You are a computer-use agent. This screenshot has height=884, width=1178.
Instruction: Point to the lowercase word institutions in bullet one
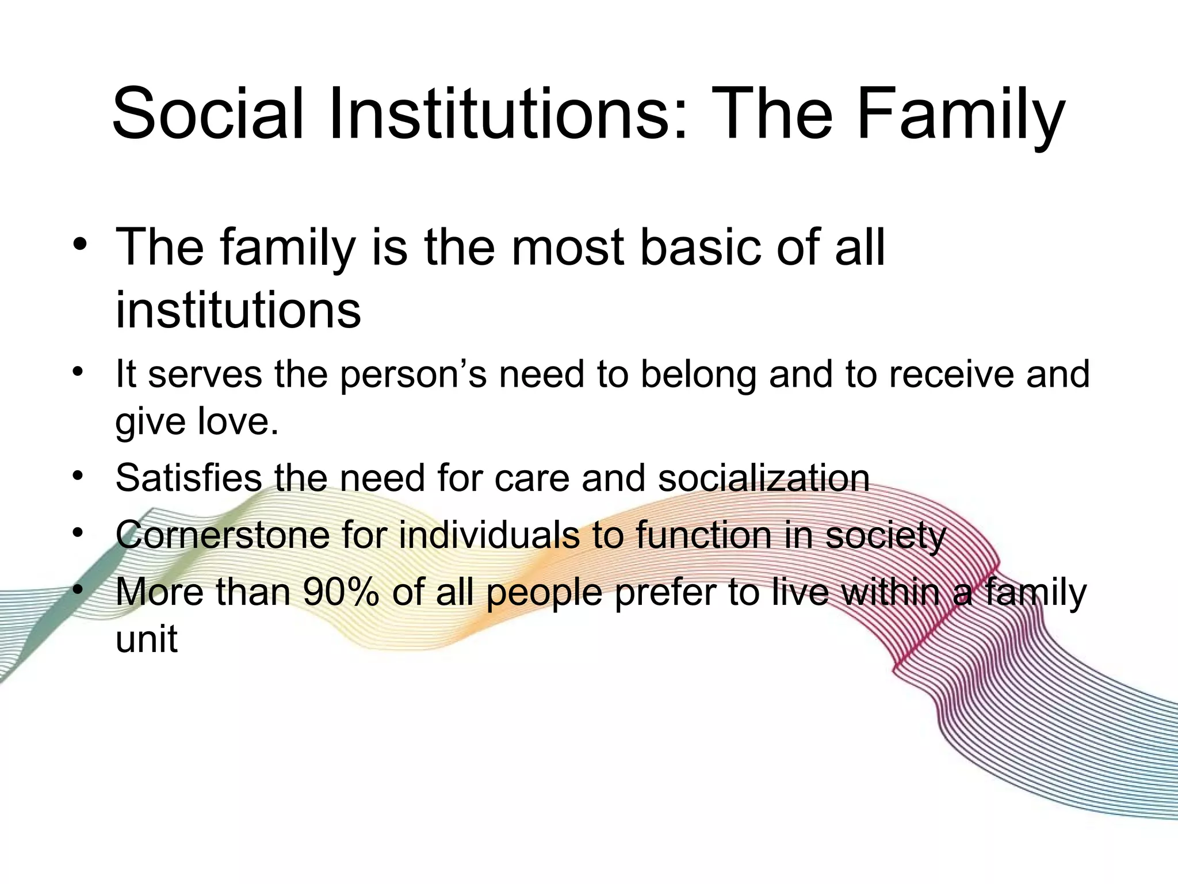(238, 310)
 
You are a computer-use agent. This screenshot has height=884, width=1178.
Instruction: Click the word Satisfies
(190, 478)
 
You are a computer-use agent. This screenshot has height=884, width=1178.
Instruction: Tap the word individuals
(489, 535)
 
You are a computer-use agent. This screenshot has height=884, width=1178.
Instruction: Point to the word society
(886, 535)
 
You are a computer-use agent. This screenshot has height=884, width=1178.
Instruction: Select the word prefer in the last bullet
(665, 592)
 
